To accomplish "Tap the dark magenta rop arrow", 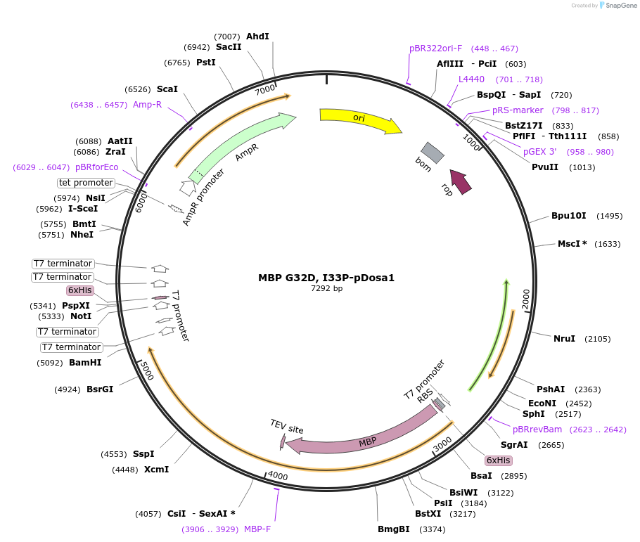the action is [461, 181].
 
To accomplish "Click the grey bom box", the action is [433, 153].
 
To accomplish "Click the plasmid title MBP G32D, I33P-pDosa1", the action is [326, 278].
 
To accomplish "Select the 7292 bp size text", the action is [326, 288].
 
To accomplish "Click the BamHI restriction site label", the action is [85, 363].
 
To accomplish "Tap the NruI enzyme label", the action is [564, 338].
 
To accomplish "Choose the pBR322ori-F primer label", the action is [435, 49].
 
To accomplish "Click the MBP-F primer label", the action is [257, 529].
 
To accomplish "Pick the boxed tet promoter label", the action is [86, 183].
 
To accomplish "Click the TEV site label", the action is [286, 427].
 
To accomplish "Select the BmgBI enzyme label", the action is [393, 529].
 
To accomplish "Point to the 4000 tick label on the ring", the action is [278, 476].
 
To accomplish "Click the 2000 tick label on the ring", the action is [526, 299].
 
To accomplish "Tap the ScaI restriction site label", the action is [167, 89].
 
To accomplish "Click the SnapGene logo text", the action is [621, 6].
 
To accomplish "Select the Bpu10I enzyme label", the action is [568, 216].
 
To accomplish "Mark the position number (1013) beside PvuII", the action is [582, 167].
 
